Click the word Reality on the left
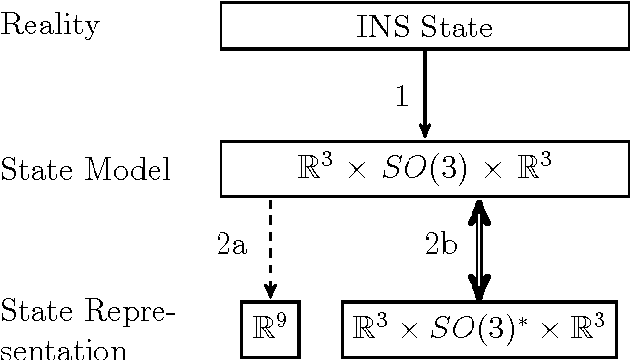tap(50, 26)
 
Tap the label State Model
tap(86, 169)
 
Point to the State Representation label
tap(86, 329)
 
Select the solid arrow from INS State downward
tap(425, 93)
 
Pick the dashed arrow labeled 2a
tap(268, 246)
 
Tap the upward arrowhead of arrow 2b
tap(478, 209)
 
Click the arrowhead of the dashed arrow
tap(268, 288)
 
